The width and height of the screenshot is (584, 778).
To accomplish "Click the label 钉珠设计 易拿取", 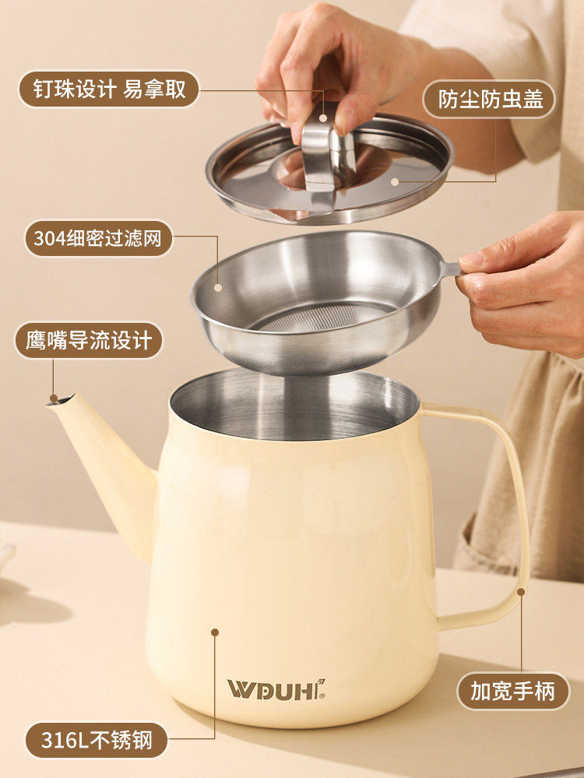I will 108,89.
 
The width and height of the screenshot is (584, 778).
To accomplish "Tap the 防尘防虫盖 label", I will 489,100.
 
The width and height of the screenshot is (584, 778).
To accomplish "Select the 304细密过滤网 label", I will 97,238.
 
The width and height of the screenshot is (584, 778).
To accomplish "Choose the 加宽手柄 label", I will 512,691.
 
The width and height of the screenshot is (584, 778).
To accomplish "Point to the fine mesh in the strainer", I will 323,317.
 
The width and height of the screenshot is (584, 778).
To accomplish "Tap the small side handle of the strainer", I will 450,269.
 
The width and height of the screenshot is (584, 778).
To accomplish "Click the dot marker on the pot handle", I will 520,592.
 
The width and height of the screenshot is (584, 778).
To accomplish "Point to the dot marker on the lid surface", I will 395,182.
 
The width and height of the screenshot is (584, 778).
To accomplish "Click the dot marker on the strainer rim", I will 218,288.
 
